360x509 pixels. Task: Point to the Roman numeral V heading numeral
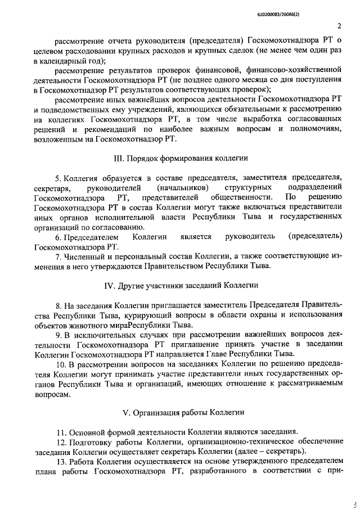coord(127,412)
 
